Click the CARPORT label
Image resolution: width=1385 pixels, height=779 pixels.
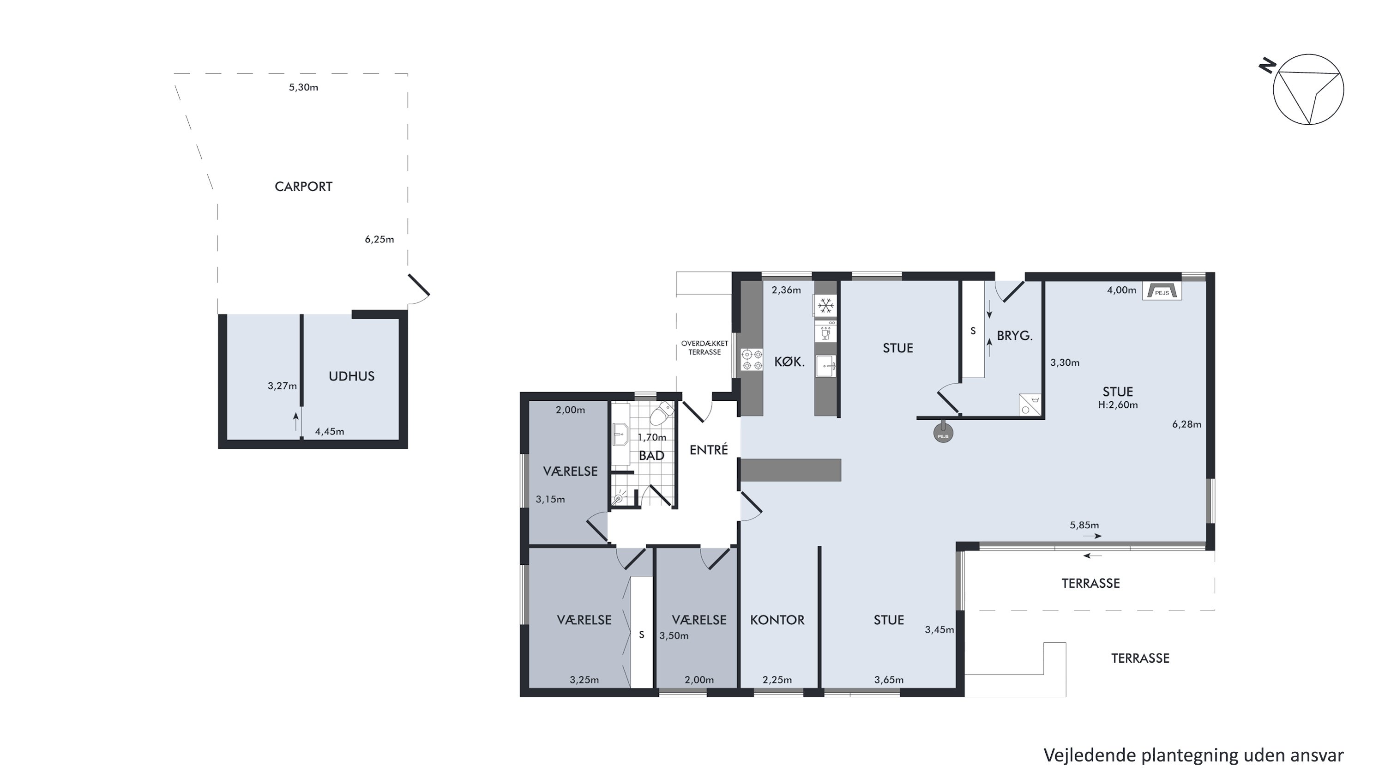click(303, 187)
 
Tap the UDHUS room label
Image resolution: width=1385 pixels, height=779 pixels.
click(352, 376)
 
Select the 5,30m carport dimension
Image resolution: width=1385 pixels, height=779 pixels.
click(303, 87)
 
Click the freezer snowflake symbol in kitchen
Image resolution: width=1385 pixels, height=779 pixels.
click(825, 306)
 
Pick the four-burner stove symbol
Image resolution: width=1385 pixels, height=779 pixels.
click(752, 360)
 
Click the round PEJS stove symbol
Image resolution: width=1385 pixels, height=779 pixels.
click(943, 432)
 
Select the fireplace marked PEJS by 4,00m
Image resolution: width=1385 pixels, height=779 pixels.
click(1162, 291)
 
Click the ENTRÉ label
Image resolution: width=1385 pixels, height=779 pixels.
click(709, 450)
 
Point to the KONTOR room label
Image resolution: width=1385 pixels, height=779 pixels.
click(777, 620)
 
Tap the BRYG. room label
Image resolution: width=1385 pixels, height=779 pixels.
click(1015, 336)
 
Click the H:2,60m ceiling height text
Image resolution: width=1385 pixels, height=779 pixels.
click(1118, 405)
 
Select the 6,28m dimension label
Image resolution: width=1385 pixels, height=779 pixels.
click(1186, 424)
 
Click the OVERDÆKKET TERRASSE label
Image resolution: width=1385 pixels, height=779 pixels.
click(705, 348)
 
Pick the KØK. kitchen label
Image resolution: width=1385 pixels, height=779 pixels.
click(789, 362)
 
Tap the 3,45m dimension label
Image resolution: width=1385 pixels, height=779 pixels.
click(939, 629)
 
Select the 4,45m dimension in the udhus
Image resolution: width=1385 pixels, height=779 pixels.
click(330, 431)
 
